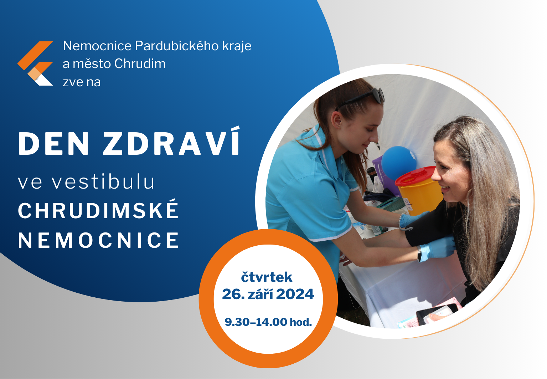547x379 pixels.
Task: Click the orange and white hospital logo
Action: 35,63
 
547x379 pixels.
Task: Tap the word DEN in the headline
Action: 54,144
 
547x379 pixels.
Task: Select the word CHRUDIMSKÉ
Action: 98,210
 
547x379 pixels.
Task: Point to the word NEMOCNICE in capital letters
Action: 99,240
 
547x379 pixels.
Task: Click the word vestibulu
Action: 103,182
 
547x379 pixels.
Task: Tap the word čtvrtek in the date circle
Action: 267,277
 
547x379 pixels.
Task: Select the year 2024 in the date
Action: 295,295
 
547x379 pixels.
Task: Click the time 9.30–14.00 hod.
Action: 268,322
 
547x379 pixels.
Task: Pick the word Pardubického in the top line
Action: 177,46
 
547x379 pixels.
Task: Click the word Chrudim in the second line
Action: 140,64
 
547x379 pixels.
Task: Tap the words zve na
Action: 82,82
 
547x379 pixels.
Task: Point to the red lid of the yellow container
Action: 415,176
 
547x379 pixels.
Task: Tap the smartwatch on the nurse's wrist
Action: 419,253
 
